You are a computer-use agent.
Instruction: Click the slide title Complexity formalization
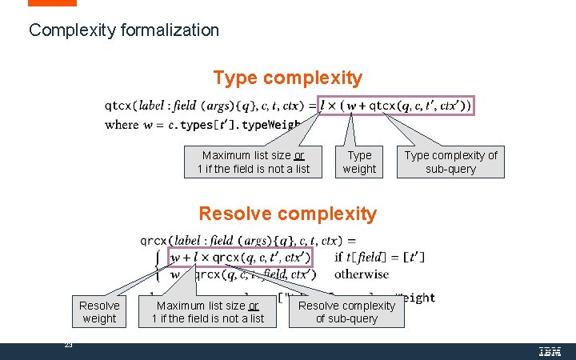pyautogui.click(x=123, y=30)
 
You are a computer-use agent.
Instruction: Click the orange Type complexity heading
pyautogui.click(x=287, y=78)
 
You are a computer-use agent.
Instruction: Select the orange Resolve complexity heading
pyautogui.click(x=287, y=214)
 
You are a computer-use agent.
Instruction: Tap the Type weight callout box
pyautogui.click(x=359, y=162)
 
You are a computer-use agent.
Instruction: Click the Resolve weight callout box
pyautogui.click(x=99, y=312)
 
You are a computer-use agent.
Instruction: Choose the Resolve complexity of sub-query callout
pyautogui.click(x=346, y=311)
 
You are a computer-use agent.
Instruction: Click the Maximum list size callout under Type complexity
pyautogui.click(x=253, y=162)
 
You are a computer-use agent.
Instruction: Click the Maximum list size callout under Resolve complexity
pyautogui.click(x=207, y=312)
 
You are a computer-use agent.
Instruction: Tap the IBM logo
pyautogui.click(x=549, y=350)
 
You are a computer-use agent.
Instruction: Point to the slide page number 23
pyautogui.click(x=68, y=345)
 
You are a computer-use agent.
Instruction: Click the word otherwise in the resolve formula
pyautogui.click(x=362, y=274)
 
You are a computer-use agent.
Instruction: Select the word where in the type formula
pyautogui.click(x=122, y=124)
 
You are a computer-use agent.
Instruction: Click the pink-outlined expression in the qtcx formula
pyautogui.click(x=396, y=105)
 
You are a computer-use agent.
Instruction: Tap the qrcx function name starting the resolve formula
pyautogui.click(x=154, y=240)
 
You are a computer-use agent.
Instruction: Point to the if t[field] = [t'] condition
pyautogui.click(x=379, y=257)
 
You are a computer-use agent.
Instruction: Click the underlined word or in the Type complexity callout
pyautogui.click(x=299, y=155)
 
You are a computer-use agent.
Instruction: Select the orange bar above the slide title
pyautogui.click(x=53, y=3)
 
